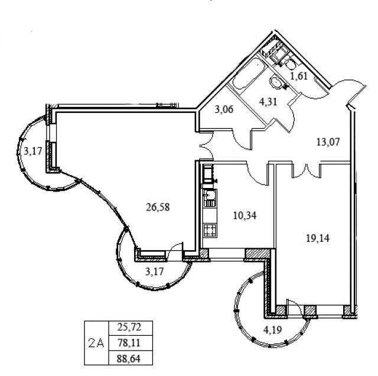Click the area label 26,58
pyautogui.click(x=158, y=207)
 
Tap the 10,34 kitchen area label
pyautogui.click(x=245, y=215)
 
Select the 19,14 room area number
pyautogui.click(x=318, y=238)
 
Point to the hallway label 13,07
pyautogui.click(x=328, y=142)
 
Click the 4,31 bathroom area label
pyautogui.click(x=268, y=102)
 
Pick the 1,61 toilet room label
pyautogui.click(x=299, y=76)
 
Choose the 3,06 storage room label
pyautogui.click(x=224, y=109)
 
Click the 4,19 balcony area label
pyautogui.click(x=273, y=329)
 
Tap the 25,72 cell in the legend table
pyautogui.click(x=129, y=328)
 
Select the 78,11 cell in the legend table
pyautogui.click(x=129, y=342)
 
